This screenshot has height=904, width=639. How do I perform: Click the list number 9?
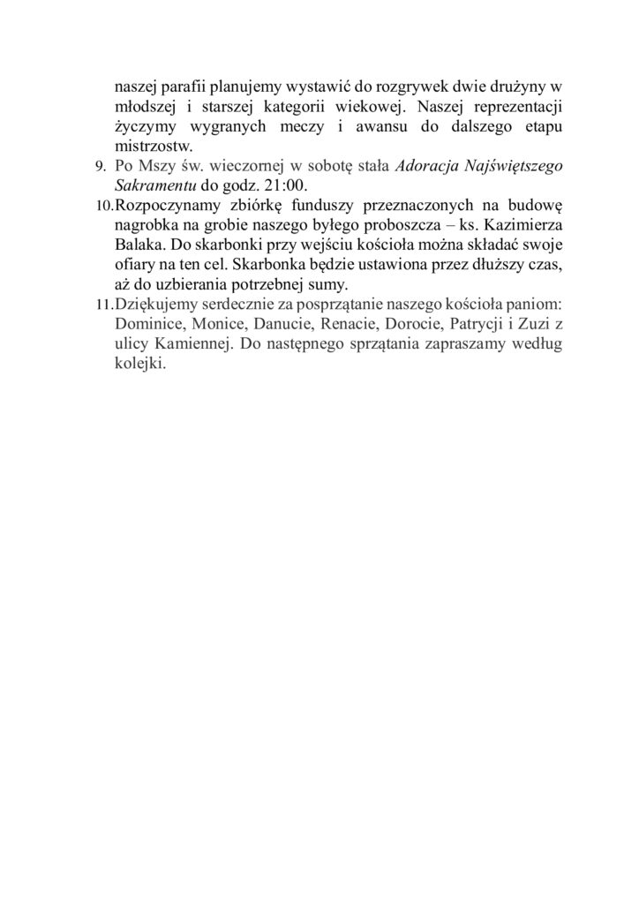(100, 167)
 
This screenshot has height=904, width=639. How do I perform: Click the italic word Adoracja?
(422, 166)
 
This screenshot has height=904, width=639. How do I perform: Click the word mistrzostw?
(154, 146)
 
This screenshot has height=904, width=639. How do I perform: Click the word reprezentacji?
(515, 107)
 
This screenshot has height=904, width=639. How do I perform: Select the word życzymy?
(145, 126)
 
